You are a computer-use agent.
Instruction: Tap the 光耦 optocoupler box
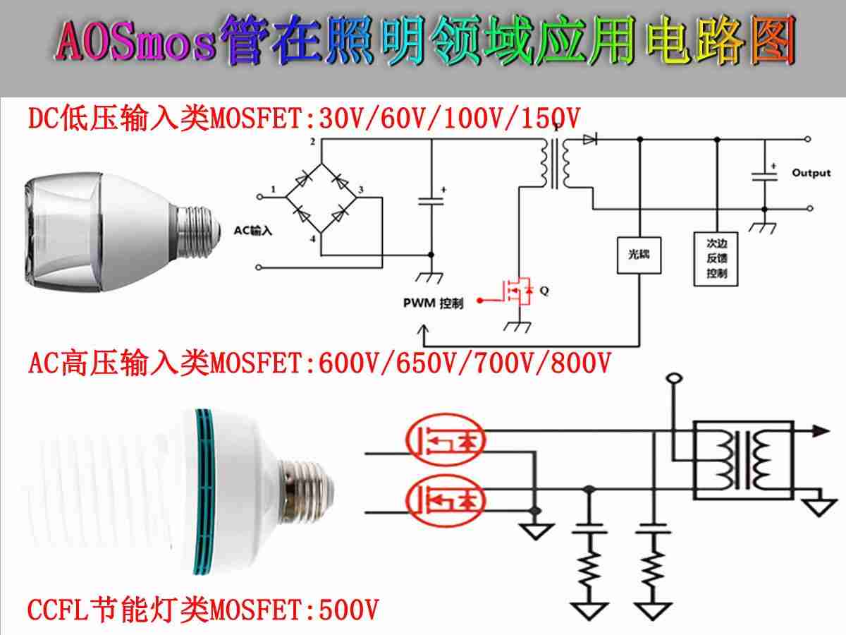(639, 255)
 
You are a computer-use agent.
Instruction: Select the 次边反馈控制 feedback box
(716, 259)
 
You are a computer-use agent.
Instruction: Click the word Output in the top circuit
(811, 173)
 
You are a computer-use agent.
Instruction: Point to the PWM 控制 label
(433, 303)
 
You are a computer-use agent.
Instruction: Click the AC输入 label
(253, 231)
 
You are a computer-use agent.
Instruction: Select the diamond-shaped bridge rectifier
(321, 198)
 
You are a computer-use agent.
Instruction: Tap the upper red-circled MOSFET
(445, 440)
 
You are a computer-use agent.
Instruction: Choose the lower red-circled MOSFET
(445, 500)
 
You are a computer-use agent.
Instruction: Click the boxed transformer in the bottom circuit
(744, 460)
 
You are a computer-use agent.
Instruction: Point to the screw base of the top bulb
(200, 231)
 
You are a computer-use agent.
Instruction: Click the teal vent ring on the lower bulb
(204, 492)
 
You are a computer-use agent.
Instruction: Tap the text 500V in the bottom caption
(349, 610)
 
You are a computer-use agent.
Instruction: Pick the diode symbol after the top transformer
(590, 139)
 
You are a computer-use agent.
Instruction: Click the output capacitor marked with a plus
(765, 176)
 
